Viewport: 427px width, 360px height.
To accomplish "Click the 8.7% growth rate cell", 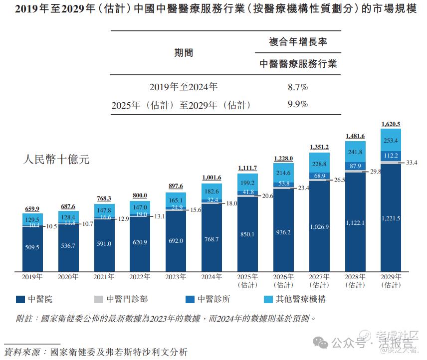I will (298, 87).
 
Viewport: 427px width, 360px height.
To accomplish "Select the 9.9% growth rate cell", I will (298, 105).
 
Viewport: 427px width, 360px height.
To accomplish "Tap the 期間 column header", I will (184, 53).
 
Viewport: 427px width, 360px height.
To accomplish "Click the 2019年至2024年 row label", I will (184, 87).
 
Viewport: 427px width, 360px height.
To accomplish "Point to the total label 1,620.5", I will (391, 124).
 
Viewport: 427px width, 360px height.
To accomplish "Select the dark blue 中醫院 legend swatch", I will (20, 299).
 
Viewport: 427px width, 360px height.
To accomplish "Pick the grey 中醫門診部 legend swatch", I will (98, 299).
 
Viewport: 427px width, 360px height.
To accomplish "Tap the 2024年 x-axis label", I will (212, 276).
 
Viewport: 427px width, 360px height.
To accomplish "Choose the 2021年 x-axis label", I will (104, 276).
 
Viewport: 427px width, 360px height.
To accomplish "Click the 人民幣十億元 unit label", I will (56, 160).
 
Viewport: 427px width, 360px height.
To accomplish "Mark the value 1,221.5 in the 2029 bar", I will (391, 218).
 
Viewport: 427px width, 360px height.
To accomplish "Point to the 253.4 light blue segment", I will (391, 141).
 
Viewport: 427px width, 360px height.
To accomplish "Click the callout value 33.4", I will (411, 163).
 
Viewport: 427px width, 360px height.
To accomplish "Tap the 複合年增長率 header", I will (298, 42).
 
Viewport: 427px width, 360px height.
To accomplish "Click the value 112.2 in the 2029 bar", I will (391, 156).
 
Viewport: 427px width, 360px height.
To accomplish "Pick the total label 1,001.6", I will (212, 178).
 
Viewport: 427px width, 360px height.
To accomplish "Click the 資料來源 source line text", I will (95, 352).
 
